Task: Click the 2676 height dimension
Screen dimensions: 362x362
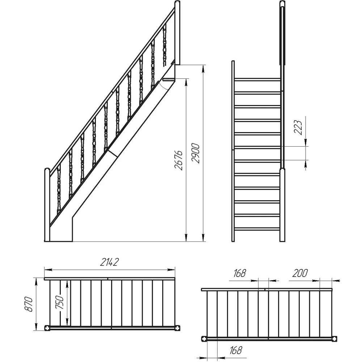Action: pyautogui.click(x=179, y=160)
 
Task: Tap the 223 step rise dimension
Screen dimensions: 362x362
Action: pyautogui.click(x=298, y=127)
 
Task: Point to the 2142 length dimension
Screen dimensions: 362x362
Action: pyautogui.click(x=109, y=262)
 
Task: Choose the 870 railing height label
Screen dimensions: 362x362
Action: pyautogui.click(x=29, y=304)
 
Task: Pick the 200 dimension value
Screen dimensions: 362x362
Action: pyautogui.click(x=300, y=273)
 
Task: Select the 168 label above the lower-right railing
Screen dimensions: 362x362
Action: pyautogui.click(x=239, y=273)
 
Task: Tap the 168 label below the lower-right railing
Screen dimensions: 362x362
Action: pyautogui.click(x=236, y=350)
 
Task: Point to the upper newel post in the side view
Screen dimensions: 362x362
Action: pyautogui.click(x=177, y=33)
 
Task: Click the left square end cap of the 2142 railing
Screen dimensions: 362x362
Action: pyautogui.click(x=47, y=328)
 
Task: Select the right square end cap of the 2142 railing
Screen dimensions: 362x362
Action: pyautogui.click(x=178, y=328)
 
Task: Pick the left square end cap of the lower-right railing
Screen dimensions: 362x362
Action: pyautogui.click(x=204, y=339)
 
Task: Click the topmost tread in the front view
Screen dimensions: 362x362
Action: pyautogui.click(x=257, y=80)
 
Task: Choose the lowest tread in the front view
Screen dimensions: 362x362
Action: pyautogui.click(x=257, y=229)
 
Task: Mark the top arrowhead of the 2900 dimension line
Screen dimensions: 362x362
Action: pyautogui.click(x=203, y=69)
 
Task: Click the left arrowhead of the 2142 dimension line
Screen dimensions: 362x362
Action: pyautogui.click(x=48, y=269)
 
